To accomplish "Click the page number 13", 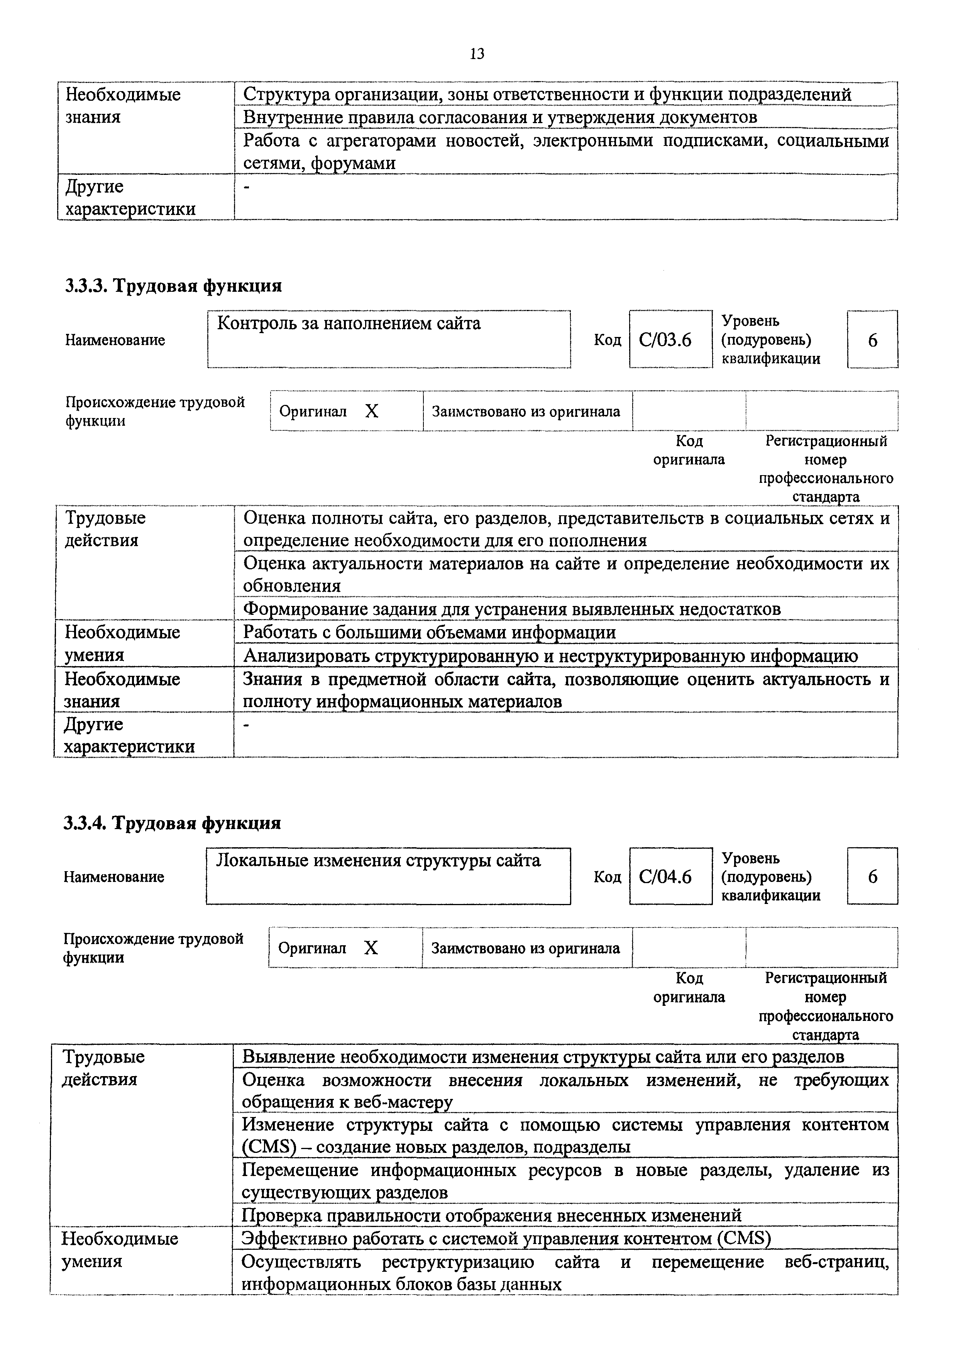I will click(x=477, y=54).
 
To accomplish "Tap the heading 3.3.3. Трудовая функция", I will click(x=173, y=286).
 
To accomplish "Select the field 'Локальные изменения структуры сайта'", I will click(x=388, y=876).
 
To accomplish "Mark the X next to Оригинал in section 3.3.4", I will click(x=371, y=948).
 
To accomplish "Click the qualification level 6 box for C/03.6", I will click(x=872, y=340).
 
